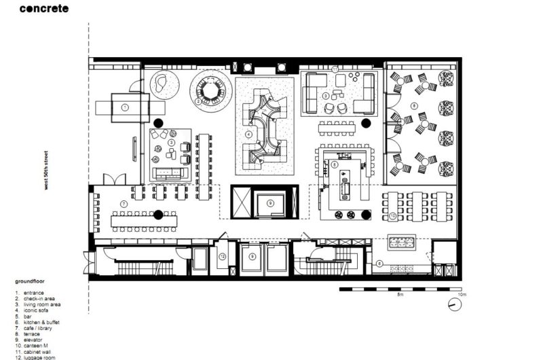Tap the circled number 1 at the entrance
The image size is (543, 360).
[x=125, y=107]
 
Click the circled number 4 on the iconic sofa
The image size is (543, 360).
[x=248, y=134]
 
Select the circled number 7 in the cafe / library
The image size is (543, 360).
[x=124, y=204]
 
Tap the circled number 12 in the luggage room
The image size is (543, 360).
[x=222, y=256]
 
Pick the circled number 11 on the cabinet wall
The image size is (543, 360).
[x=335, y=69]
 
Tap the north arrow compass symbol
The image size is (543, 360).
[x=452, y=305]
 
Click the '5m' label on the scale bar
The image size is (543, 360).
[x=400, y=296]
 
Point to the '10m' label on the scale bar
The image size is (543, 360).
[x=462, y=296]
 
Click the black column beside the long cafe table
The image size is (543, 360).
[x=157, y=215]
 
